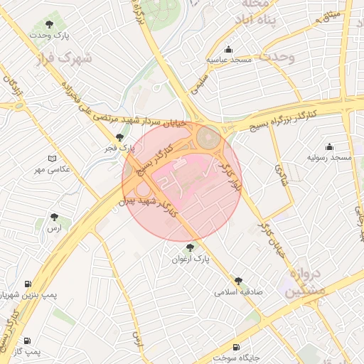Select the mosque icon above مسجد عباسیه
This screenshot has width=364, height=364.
point(228,50)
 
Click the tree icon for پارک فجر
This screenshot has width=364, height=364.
point(119,137)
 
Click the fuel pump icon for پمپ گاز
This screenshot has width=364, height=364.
point(28,341)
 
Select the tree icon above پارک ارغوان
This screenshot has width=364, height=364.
point(190,247)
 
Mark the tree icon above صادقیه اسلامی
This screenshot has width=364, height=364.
point(238,282)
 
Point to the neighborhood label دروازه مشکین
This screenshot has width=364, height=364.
point(308,282)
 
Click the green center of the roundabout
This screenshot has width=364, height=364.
point(208,137)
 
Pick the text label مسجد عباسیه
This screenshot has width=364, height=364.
point(229,60)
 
